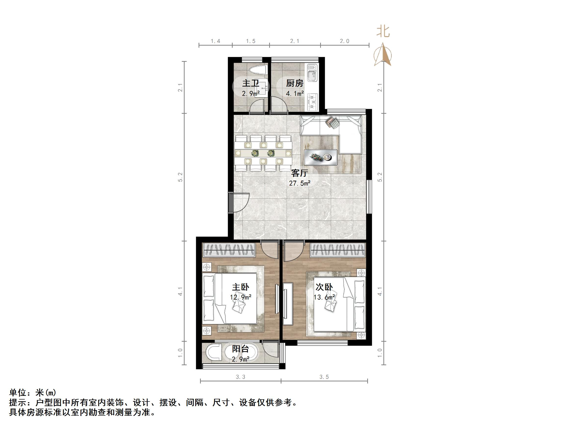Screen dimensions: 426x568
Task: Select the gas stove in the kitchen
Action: (x=312, y=102)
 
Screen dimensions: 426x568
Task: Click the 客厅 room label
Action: (x=299, y=173)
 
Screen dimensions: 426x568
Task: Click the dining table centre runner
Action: (x=263, y=153)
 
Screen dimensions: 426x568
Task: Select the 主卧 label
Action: (x=240, y=287)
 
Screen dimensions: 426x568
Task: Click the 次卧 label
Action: (x=324, y=287)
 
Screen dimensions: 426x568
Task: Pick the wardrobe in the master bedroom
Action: (x=229, y=250)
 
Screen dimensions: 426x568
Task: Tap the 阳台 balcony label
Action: (x=240, y=349)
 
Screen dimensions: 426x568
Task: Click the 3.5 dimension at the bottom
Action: (x=324, y=377)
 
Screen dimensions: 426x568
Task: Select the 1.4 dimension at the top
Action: (x=215, y=41)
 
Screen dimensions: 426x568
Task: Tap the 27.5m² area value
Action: (x=300, y=183)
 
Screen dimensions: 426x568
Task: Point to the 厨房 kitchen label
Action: (x=295, y=83)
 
